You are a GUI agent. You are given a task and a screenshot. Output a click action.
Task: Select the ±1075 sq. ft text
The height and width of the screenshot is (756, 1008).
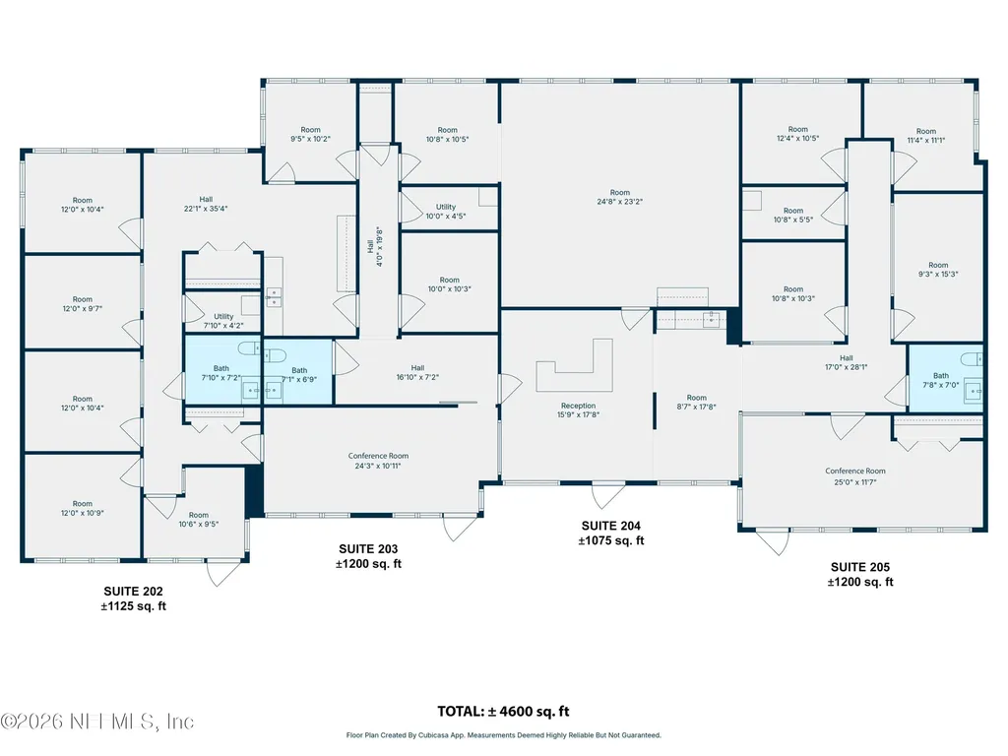[x=610, y=540]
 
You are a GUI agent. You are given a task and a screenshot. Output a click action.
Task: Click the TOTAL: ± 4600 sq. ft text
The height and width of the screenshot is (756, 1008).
[x=503, y=711]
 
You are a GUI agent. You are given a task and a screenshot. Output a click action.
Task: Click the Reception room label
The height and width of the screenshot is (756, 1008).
[x=578, y=410]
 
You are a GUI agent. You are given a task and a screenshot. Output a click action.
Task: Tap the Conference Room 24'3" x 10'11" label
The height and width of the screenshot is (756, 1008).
[x=378, y=461]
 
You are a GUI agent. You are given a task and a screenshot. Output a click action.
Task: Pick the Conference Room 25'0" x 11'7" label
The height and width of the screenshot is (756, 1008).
[x=855, y=476]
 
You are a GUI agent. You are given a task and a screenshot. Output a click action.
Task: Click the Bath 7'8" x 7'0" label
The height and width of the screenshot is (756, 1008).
[x=941, y=380]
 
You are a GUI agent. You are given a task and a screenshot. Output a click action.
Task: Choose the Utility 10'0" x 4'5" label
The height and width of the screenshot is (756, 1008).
[x=446, y=212]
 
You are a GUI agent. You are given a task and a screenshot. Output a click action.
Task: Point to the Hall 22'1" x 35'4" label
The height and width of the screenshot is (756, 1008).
[x=206, y=204]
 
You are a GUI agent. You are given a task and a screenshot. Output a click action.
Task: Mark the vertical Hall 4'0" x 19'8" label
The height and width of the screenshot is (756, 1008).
[x=375, y=247]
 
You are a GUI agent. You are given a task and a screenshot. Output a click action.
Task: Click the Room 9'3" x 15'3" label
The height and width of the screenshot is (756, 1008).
[x=938, y=270]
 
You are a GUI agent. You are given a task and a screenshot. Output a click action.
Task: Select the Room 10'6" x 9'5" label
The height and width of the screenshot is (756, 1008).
[x=199, y=520]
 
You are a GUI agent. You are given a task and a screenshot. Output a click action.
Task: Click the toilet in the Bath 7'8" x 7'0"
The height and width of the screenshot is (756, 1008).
[x=972, y=358]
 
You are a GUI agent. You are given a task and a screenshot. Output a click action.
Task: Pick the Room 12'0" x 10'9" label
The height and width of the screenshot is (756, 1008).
[x=83, y=509]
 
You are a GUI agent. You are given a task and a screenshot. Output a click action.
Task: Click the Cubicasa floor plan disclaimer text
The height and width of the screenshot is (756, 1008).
[x=503, y=734]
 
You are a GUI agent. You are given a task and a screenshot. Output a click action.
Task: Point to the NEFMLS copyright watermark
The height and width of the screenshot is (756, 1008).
[x=97, y=722]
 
